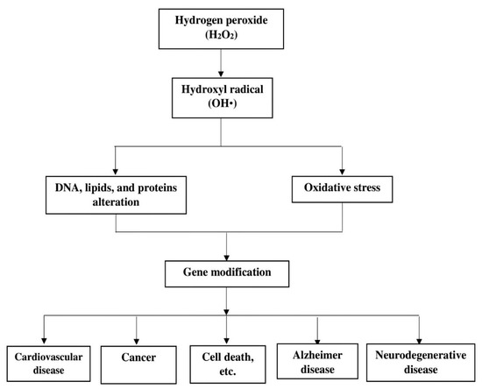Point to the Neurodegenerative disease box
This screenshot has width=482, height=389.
point(420,360)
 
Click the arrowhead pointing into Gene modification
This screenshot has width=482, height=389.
point(228,255)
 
